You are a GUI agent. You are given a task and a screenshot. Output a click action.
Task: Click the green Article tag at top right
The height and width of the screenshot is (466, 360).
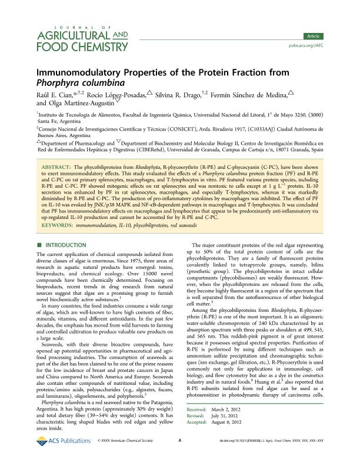click(333, 36)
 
